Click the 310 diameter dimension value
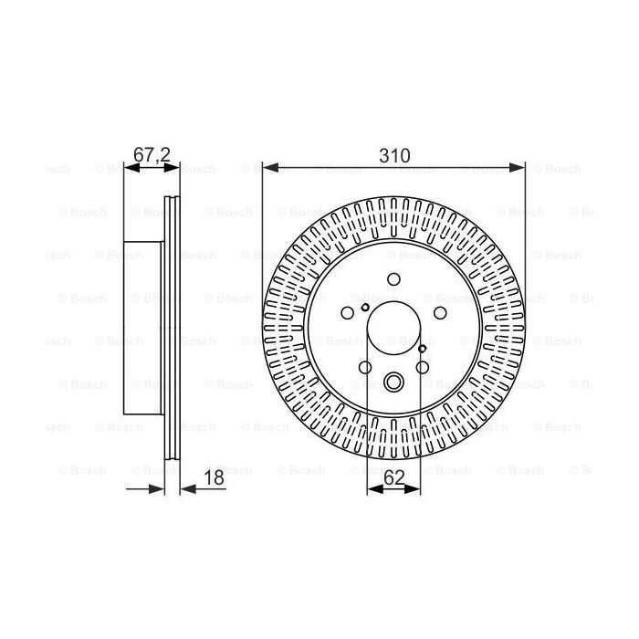[394, 156]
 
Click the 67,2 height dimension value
[152, 155]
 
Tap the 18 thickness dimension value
[214, 477]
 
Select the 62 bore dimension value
[394, 477]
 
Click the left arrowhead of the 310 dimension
[270, 167]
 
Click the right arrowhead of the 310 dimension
[517, 167]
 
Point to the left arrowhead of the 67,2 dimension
[131, 167]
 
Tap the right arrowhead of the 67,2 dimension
[172, 167]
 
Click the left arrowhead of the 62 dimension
[375, 488]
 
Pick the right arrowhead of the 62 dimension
[412, 488]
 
